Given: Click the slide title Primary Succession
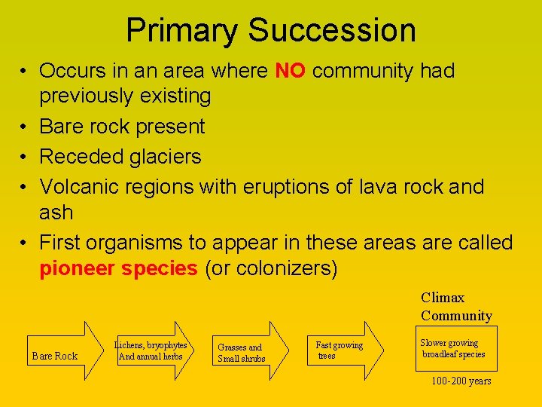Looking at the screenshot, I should (270, 30).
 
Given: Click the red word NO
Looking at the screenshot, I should (290, 72).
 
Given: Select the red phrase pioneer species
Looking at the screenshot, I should (118, 269).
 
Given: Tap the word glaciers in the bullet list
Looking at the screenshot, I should (165, 157).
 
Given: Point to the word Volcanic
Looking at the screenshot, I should (80, 186).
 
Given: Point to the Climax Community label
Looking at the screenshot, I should (456, 307).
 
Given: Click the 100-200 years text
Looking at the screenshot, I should (461, 381).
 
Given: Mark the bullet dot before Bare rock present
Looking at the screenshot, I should (25, 127).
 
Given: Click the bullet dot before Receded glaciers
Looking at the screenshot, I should (25, 157).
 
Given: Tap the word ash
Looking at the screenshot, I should (56, 213).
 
